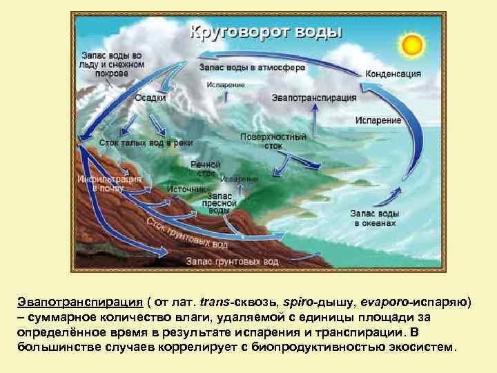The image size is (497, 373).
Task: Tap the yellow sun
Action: coord(411,45)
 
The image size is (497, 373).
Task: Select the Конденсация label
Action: coord(393,73)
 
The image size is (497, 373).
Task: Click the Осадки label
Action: coord(150,97)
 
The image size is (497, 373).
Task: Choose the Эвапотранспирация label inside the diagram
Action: coord(314,98)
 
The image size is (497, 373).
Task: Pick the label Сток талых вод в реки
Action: coord(145,142)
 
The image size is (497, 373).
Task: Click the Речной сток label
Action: coord(205,169)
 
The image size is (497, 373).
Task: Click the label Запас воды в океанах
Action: coord(375,218)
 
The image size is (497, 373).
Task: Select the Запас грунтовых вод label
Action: coord(232,262)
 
